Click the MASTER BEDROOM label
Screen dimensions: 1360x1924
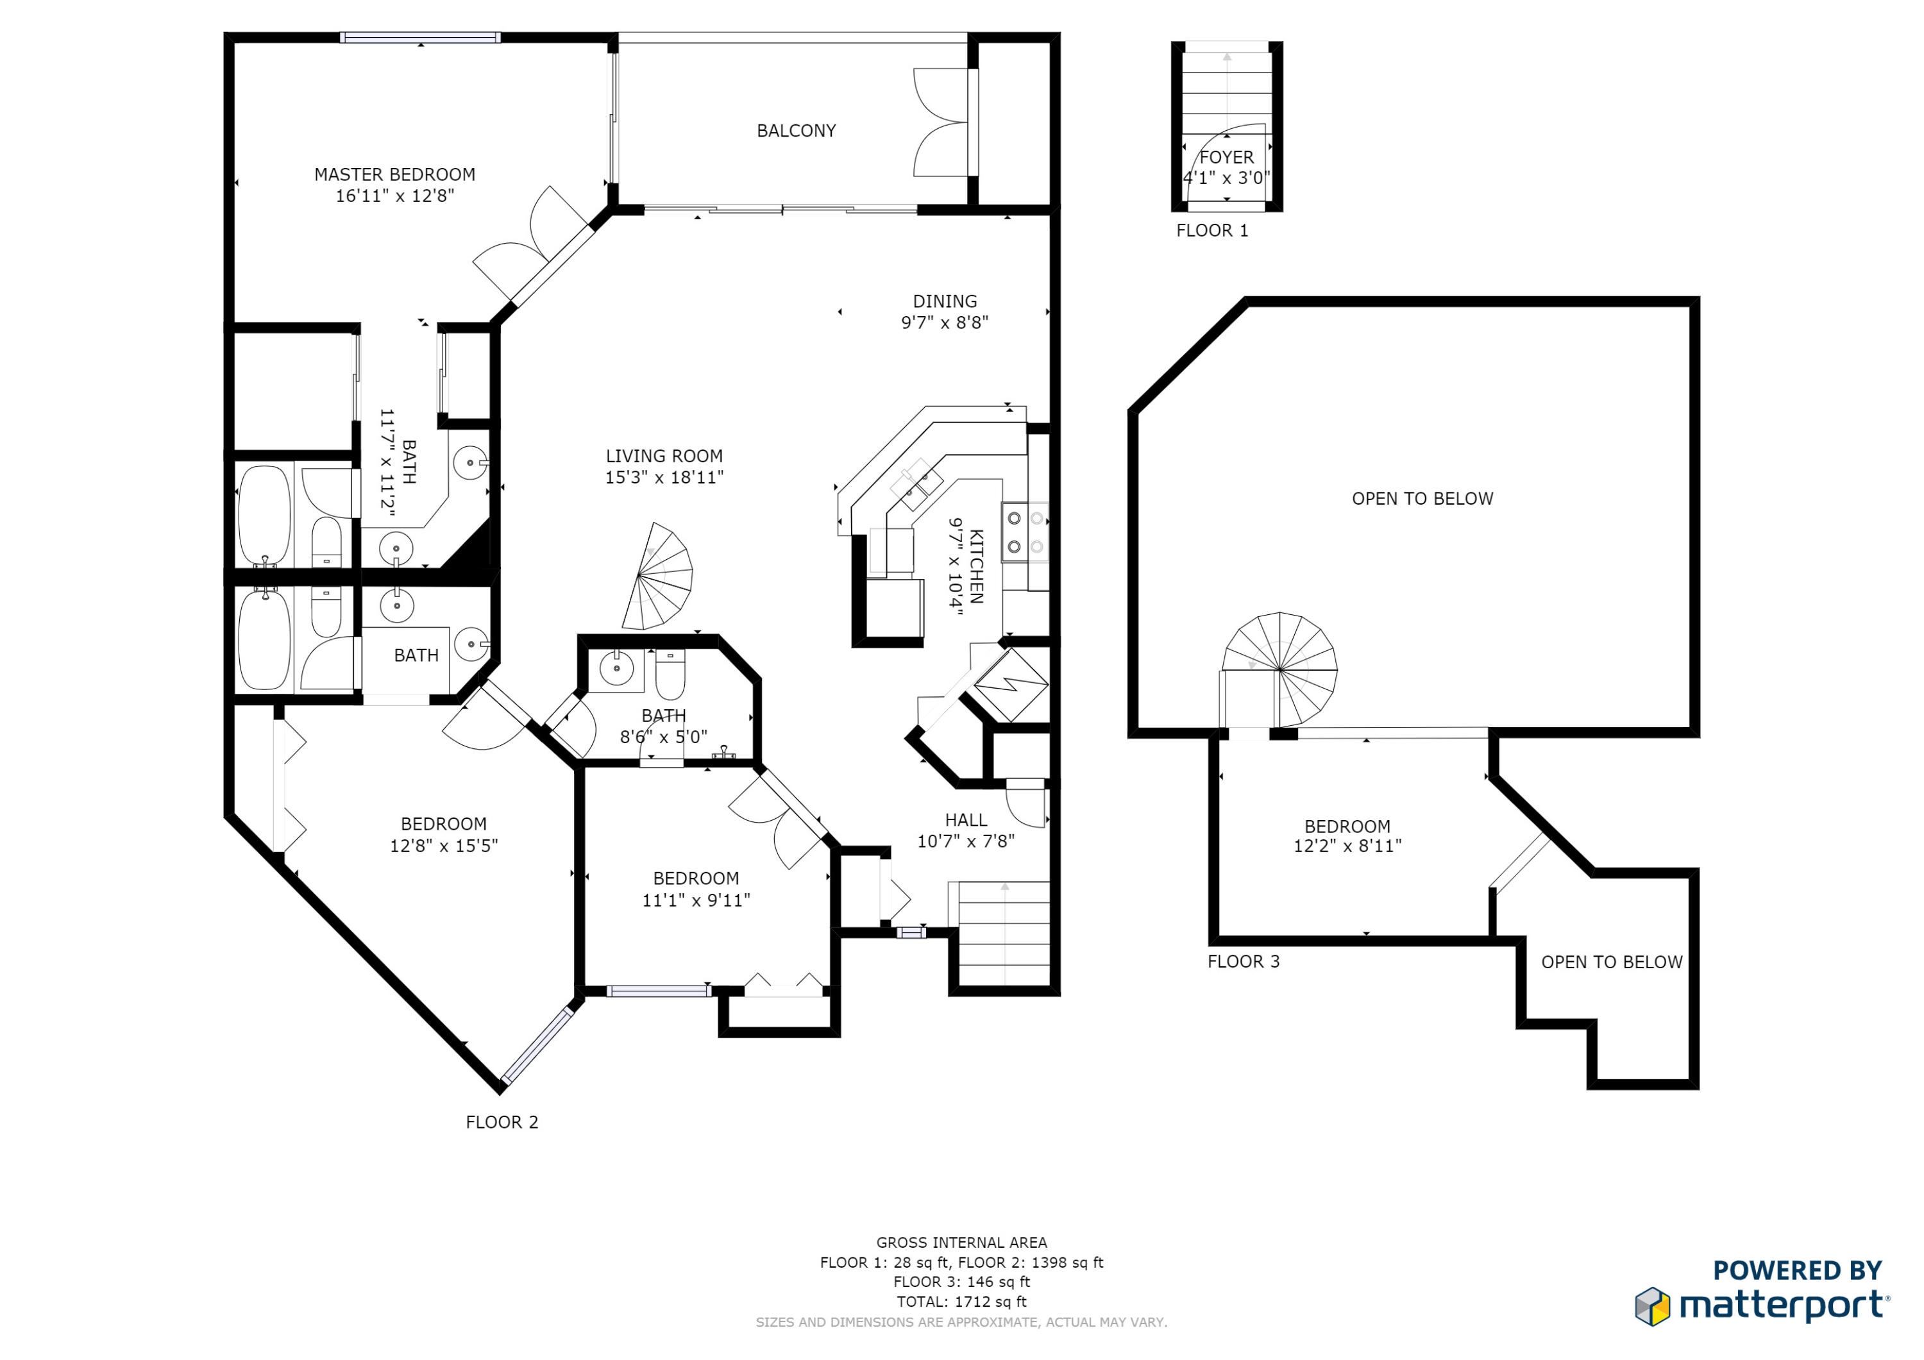click(x=394, y=174)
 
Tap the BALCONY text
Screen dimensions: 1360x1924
click(x=796, y=131)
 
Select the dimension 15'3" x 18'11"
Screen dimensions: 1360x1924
click(x=664, y=478)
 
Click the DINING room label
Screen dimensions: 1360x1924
click(x=945, y=301)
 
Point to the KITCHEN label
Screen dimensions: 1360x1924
click(x=976, y=566)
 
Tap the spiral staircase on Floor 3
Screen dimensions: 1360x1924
click(x=1279, y=669)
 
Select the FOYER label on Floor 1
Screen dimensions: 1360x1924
click(x=1226, y=156)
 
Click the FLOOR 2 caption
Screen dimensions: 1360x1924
click(x=502, y=1122)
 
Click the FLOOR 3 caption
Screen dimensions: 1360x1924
click(x=1244, y=961)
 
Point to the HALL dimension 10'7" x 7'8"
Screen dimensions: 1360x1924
click(x=965, y=841)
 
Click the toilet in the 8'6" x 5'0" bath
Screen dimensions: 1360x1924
click(x=670, y=675)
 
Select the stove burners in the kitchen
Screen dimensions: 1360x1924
click(x=1025, y=532)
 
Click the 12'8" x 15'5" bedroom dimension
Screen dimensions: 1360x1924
click(x=443, y=846)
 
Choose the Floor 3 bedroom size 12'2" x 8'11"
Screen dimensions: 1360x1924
click(x=1347, y=846)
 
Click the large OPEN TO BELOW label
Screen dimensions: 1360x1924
click(x=1422, y=499)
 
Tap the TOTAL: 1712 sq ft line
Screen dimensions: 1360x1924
click(x=961, y=1302)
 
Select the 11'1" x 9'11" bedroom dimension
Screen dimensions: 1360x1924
click(x=695, y=900)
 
